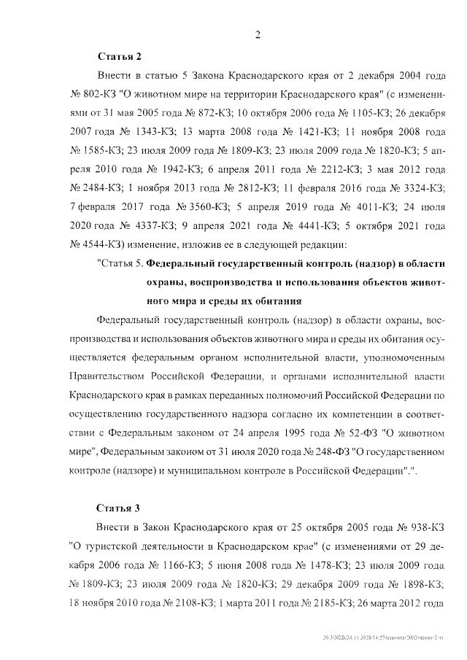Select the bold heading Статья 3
coord(118,507)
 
